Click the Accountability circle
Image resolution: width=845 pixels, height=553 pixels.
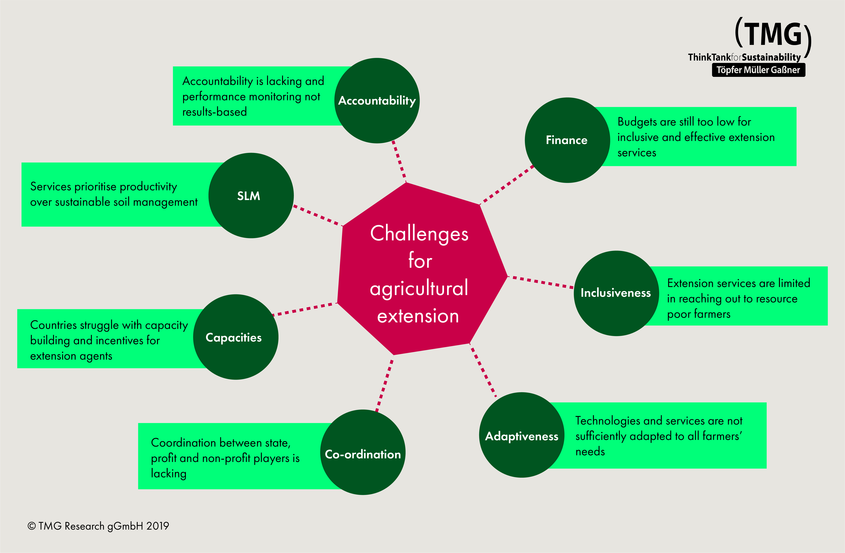click(x=377, y=101)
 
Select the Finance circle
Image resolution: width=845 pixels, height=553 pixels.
click(x=567, y=140)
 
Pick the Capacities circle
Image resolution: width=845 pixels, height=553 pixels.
click(x=235, y=337)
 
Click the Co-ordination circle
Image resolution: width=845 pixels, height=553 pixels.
click(x=362, y=452)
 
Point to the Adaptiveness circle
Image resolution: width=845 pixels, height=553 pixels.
click(x=522, y=435)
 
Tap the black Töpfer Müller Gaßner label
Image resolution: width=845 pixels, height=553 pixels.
click(x=758, y=70)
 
